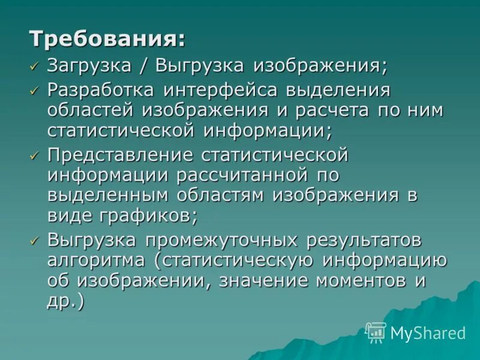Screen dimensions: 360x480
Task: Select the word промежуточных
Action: (x=226, y=241)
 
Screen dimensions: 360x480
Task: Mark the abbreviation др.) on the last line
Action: (x=65, y=299)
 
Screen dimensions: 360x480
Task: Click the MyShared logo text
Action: (x=428, y=333)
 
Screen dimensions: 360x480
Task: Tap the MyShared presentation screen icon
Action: (x=376, y=332)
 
